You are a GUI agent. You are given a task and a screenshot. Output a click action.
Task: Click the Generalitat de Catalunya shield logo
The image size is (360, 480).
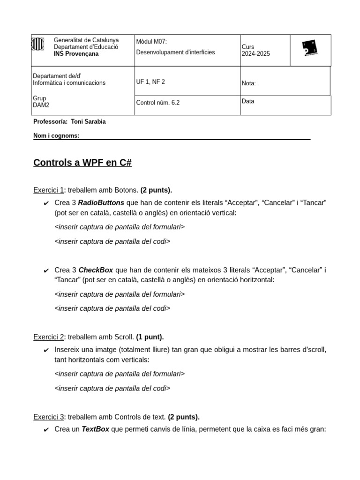pos(37,45)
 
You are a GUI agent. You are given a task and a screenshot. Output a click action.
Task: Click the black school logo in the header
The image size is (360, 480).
pos(310,48)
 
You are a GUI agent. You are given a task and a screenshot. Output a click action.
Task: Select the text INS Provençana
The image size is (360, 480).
pos(76,54)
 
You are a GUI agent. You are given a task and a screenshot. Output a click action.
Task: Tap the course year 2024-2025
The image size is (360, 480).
pos(255,54)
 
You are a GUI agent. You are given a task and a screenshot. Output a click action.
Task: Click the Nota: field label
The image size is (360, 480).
pos(248,83)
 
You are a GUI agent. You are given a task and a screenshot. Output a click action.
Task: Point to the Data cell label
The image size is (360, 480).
pos(248,101)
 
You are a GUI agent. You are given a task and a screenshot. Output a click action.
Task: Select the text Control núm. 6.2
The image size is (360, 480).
pos(157,103)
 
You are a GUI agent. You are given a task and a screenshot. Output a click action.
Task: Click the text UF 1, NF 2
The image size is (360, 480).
pos(150,82)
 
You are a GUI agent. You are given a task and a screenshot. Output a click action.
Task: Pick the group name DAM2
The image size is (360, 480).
pos(41,105)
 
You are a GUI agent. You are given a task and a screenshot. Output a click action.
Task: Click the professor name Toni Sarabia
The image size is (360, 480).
pos(88,122)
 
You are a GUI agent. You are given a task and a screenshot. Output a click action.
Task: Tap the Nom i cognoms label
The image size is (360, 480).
pos(56,136)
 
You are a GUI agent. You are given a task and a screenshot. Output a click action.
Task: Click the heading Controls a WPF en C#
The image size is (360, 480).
pos(82,163)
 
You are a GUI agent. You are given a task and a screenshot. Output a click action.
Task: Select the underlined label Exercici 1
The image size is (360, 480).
pos(48,190)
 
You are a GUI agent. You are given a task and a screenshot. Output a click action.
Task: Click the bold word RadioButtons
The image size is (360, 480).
pos(101,203)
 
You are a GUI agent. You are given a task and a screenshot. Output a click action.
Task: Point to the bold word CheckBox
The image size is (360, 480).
pos(96,270)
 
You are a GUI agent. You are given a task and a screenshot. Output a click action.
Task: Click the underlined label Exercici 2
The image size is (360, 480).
pos(48,337)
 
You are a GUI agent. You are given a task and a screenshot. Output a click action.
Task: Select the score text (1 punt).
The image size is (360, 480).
pos(150,337)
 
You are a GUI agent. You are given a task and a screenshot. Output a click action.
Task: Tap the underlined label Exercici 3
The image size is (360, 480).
pos(48,417)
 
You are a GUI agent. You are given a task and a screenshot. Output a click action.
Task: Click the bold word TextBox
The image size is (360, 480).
pos(95,429)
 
